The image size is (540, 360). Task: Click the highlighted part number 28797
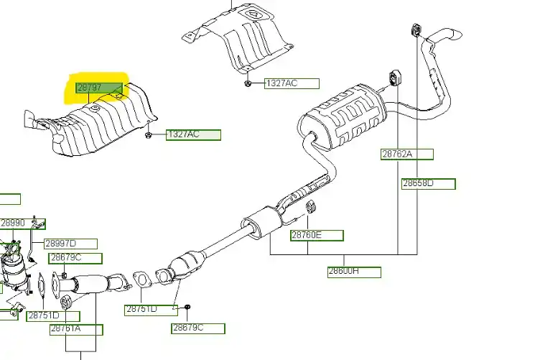90,88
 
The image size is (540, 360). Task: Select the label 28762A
406,154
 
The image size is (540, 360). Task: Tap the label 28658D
428,183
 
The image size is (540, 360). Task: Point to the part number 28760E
316,235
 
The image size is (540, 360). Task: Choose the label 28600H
354,272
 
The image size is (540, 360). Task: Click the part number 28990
13,223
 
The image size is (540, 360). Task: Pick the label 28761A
75,330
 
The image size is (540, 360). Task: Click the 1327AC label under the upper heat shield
291,83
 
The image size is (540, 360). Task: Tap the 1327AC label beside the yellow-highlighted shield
192,134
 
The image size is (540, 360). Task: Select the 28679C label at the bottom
197,328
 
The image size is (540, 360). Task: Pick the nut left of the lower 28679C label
186,308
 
